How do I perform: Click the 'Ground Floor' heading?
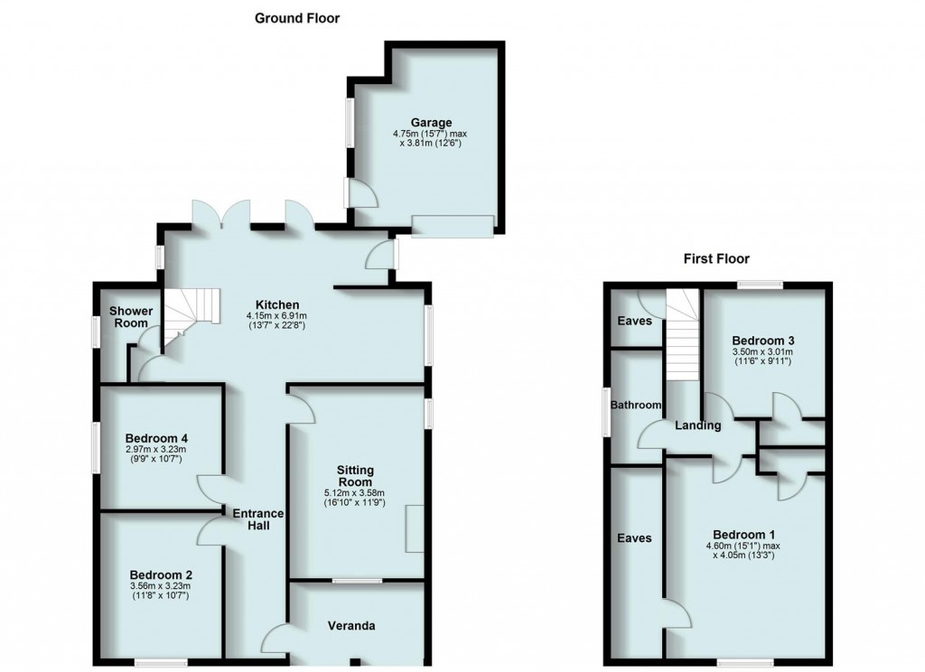point(296,17)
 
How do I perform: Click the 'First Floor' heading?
point(718,259)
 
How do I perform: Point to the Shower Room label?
point(130,317)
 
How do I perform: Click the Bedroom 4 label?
point(159,439)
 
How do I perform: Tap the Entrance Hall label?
point(259,520)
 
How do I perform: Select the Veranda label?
point(350,625)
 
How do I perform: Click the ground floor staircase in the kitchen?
point(191,316)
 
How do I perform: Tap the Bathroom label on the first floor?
point(636,406)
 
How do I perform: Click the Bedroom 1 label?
point(743,533)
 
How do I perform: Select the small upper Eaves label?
point(635,321)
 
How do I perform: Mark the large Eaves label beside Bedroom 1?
point(634,537)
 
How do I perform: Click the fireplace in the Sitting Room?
point(414,528)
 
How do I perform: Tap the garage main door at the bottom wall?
point(453,225)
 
